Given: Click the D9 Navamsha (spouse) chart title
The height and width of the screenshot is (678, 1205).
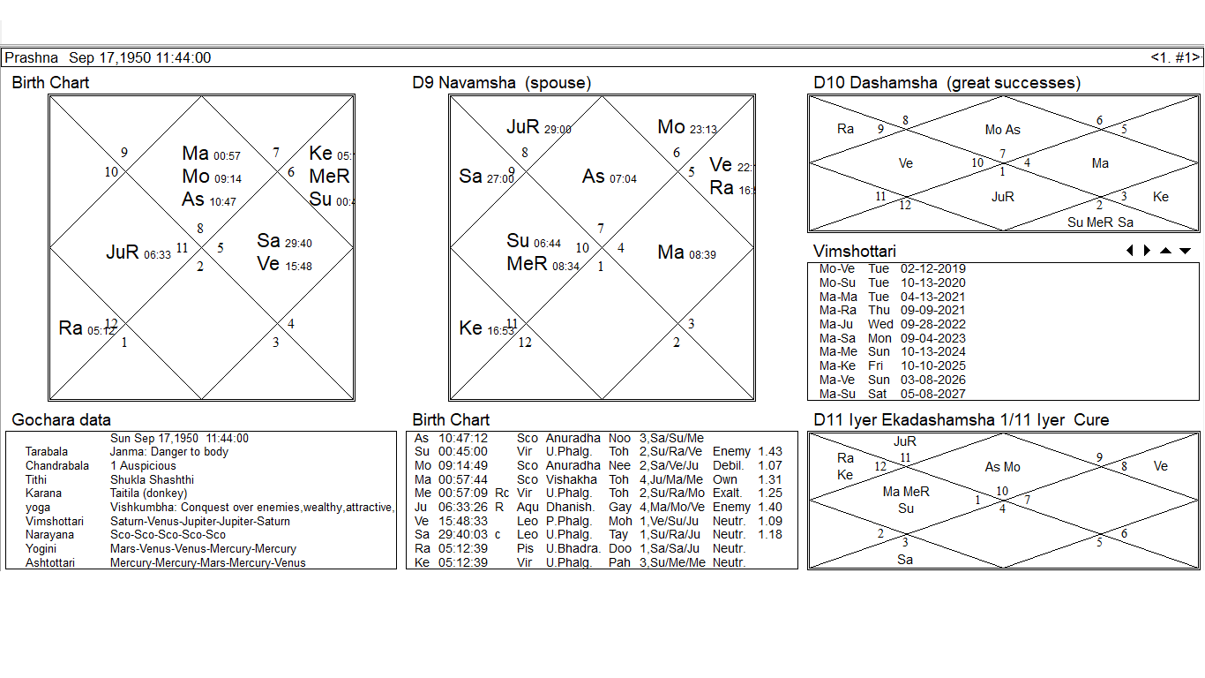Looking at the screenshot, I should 501,83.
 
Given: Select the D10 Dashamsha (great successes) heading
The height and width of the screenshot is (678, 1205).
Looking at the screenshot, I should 947,83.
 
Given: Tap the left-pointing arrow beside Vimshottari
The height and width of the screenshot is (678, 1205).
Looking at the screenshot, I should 1130,251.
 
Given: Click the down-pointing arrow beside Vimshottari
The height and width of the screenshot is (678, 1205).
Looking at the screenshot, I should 1185,251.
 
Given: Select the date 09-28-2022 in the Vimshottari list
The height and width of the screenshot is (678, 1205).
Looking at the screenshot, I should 932,324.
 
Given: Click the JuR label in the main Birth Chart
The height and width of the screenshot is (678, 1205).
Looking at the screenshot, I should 123,252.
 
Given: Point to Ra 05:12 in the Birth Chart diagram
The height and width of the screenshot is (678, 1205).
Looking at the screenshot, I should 86,328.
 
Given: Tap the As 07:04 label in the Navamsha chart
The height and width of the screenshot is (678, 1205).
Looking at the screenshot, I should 609,177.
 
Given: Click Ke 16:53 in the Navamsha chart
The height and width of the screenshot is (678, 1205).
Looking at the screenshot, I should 486,328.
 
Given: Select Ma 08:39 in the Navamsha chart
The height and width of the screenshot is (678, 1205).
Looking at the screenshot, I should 686,253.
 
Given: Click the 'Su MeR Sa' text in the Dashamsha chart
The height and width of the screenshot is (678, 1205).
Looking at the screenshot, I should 1100,222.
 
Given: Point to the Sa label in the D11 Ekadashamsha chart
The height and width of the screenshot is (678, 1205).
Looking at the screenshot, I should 905,560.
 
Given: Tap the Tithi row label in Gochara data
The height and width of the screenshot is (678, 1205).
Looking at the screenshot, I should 35,479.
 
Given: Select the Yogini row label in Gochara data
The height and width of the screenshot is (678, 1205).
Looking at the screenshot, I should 41,548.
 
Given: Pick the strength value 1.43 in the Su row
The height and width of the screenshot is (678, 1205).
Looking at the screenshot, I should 769,452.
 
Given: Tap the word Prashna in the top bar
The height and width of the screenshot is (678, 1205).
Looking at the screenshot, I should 31,58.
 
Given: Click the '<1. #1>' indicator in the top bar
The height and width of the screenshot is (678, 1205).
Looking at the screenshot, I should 1175,58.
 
